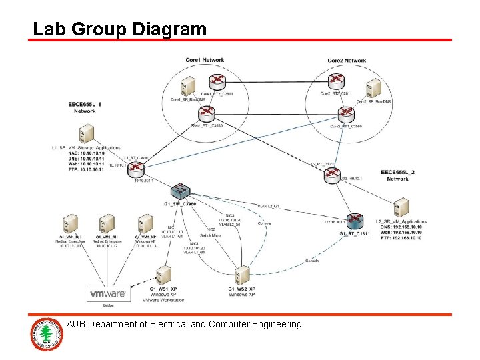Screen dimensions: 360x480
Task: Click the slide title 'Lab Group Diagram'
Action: point(120,29)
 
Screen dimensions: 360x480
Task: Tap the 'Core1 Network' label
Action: point(205,60)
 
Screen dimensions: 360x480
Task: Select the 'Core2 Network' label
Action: point(347,60)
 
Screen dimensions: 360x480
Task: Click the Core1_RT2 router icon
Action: point(217,81)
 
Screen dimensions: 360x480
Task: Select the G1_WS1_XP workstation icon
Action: point(163,277)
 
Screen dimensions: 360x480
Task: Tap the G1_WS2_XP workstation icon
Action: point(241,277)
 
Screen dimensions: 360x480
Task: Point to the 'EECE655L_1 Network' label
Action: point(85,108)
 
